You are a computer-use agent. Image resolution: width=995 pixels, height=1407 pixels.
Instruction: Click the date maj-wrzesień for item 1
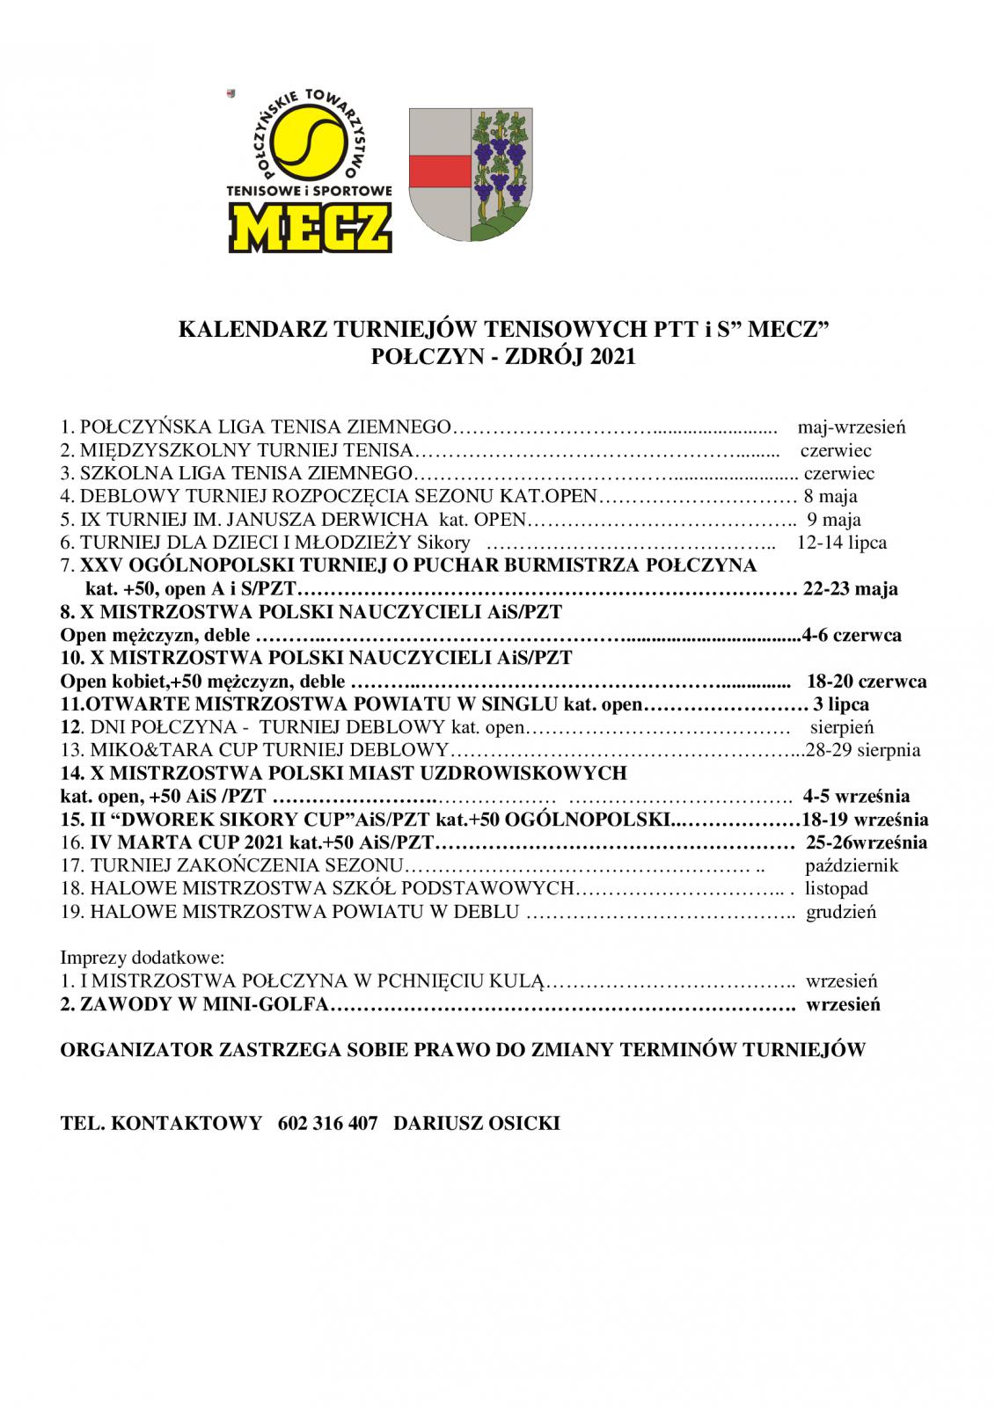pyautogui.click(x=851, y=428)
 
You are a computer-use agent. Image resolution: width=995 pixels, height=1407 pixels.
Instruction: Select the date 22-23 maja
pyautogui.click(x=851, y=588)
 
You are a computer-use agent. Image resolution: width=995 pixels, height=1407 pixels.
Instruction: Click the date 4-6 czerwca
pyautogui.click(x=852, y=635)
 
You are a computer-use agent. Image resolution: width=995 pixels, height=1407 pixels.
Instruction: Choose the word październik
pyautogui.click(x=852, y=865)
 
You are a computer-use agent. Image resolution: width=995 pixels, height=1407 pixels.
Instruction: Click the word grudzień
pyautogui.click(x=841, y=912)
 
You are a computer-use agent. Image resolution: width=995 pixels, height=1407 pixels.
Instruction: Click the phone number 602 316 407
pyautogui.click(x=327, y=1124)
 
